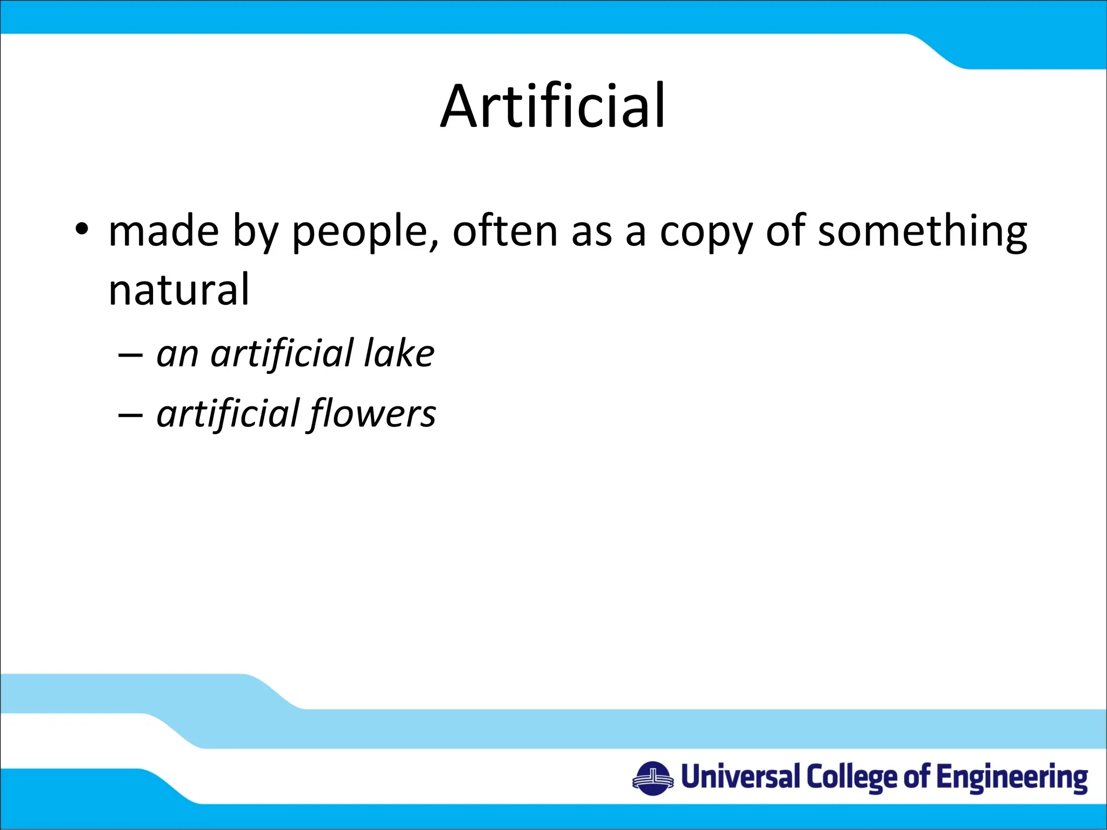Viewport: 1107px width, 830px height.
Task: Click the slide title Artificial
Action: click(553, 106)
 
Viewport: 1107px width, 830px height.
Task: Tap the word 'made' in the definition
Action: click(163, 231)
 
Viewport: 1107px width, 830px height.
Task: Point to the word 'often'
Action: click(505, 231)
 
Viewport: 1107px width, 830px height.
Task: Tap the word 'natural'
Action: click(179, 290)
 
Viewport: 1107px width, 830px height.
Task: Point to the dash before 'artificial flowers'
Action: click(130, 416)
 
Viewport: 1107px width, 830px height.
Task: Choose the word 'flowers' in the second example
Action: click(373, 414)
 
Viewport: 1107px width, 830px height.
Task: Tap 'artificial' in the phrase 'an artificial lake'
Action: click(282, 354)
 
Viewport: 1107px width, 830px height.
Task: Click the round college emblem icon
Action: click(653, 779)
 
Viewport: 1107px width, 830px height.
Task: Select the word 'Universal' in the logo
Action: click(740, 777)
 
